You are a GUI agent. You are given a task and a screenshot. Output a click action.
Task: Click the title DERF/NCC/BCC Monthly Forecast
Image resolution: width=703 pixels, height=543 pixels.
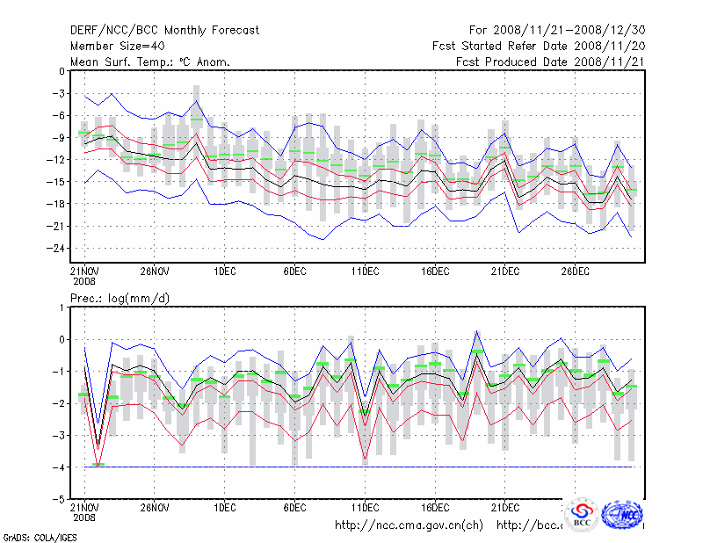[x=164, y=31]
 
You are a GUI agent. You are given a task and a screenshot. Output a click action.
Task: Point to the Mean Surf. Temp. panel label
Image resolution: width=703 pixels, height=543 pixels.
[x=149, y=62]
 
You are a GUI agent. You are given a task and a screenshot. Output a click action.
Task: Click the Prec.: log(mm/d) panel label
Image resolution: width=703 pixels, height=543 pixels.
[x=120, y=299]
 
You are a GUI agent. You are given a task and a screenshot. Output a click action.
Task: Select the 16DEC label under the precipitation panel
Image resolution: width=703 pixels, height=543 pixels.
[x=435, y=507]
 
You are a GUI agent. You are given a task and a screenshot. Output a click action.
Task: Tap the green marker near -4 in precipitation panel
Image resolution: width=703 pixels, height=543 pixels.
[x=98, y=465]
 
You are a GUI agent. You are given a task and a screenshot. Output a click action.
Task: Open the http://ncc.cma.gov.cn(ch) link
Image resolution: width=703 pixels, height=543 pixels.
[x=409, y=525]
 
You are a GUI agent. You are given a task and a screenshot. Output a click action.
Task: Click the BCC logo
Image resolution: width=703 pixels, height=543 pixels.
[x=582, y=515]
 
